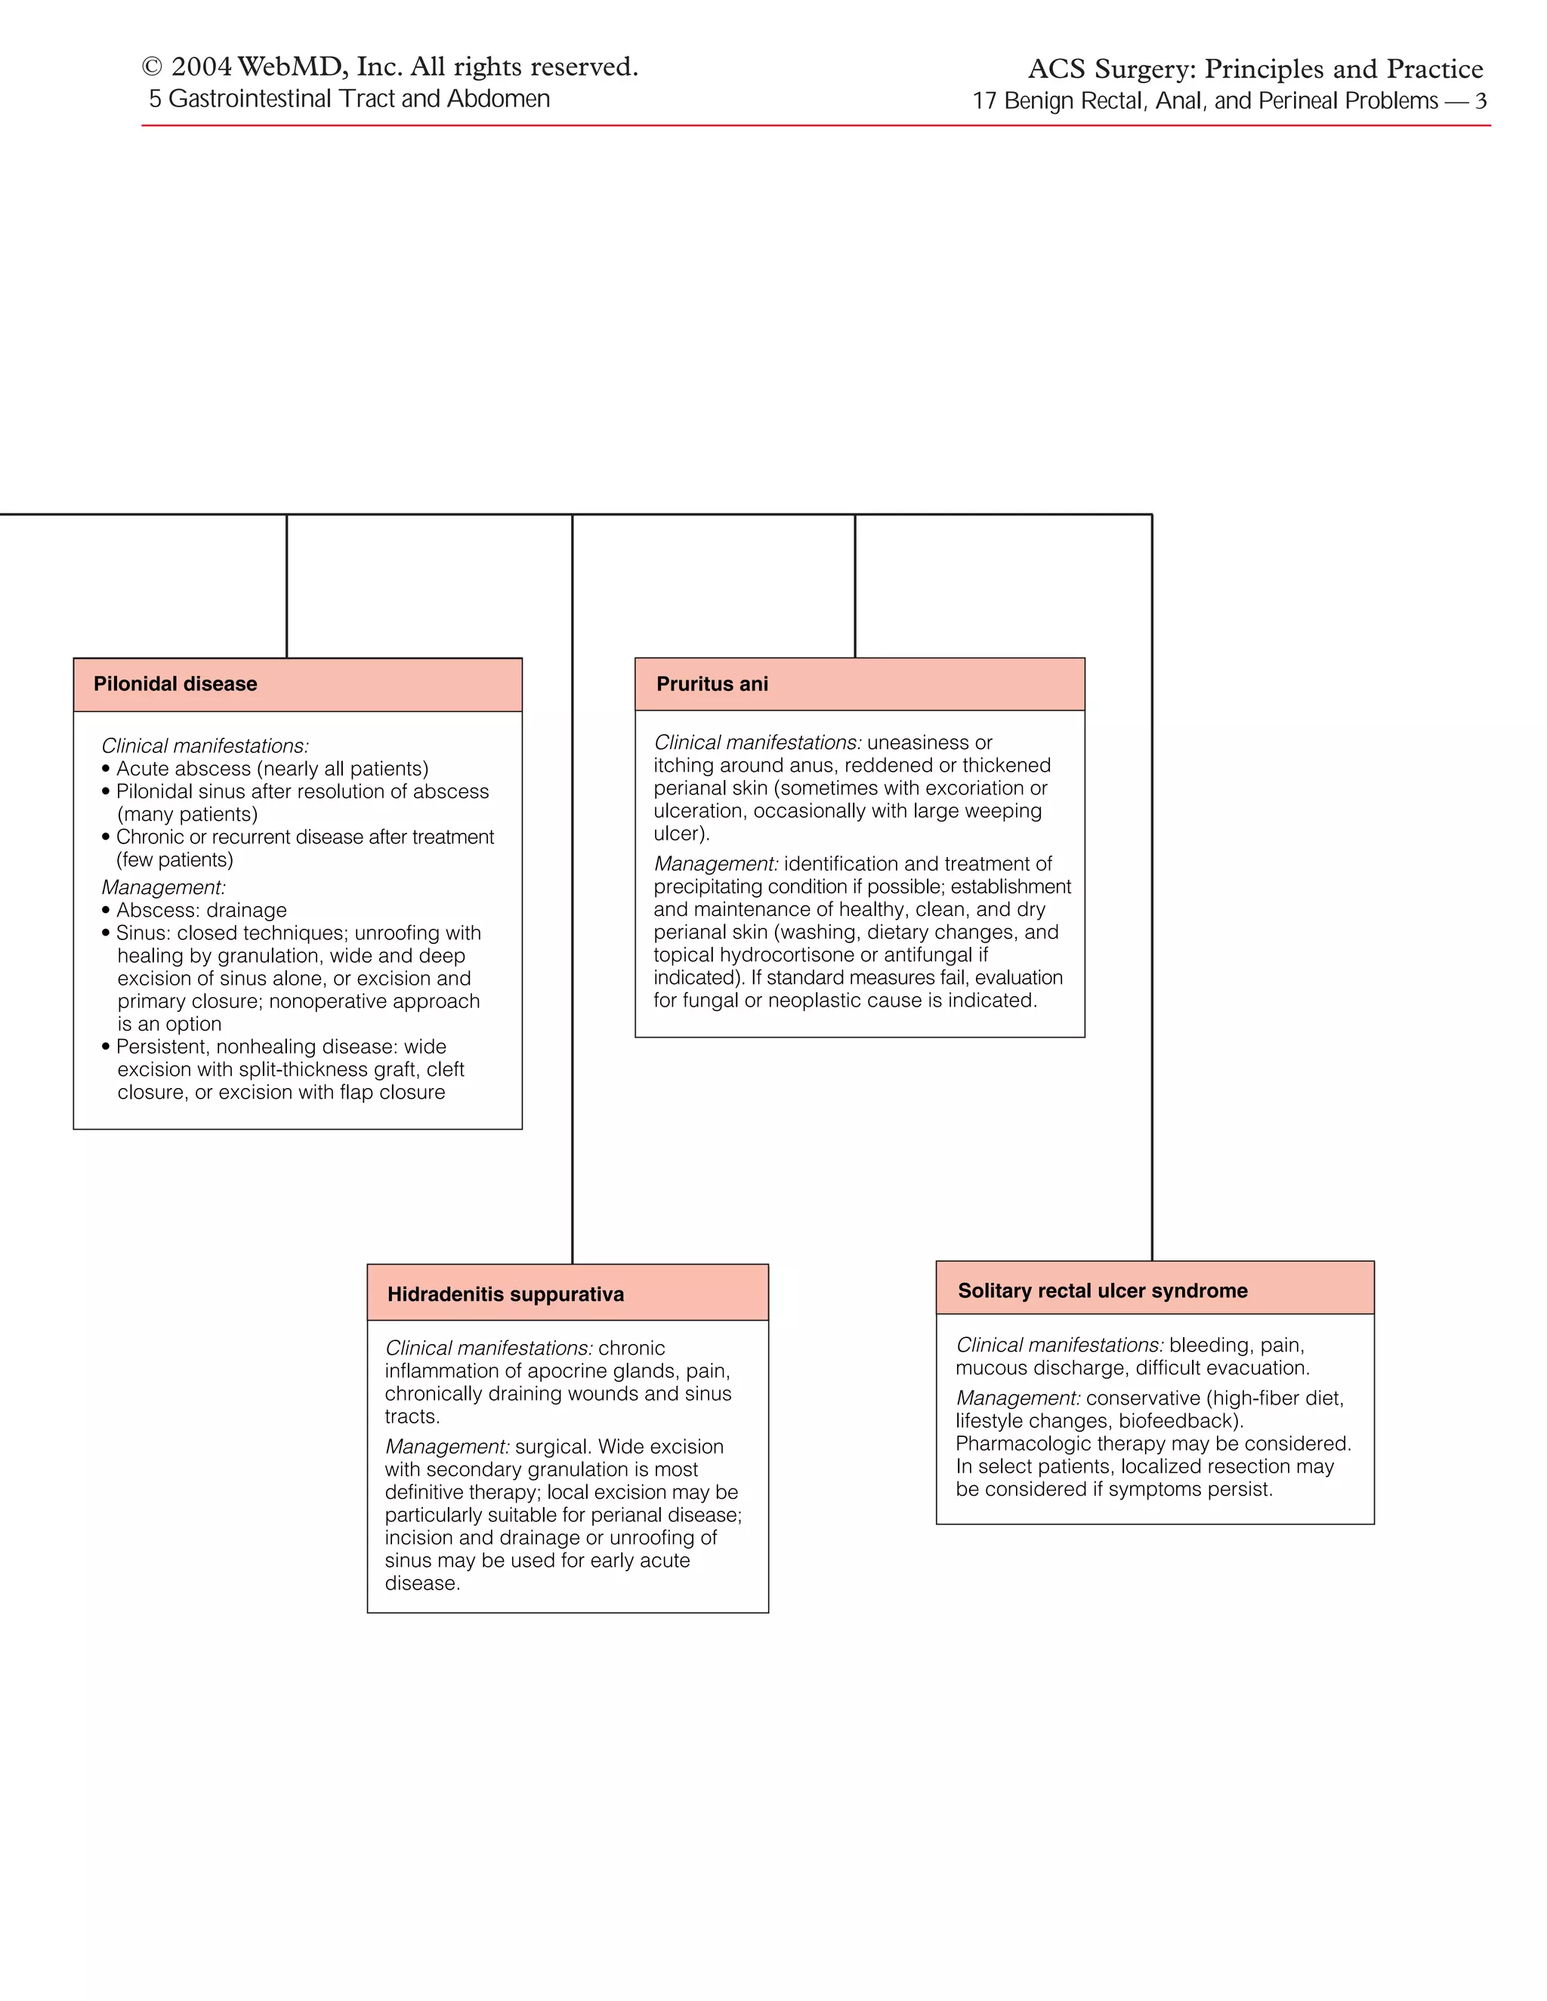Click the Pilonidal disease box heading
click(175, 683)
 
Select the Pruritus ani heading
click(712, 683)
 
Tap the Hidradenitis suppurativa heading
click(505, 1293)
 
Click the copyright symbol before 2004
click(152, 68)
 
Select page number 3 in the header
click(1480, 100)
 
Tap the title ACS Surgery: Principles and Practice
click(1255, 69)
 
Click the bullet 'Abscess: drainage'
click(201, 910)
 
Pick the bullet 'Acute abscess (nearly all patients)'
click(271, 769)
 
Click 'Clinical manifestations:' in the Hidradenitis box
click(489, 1348)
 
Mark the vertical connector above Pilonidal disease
click(287, 587)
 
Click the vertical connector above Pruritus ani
click(855, 587)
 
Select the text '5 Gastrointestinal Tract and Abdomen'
click(349, 99)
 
